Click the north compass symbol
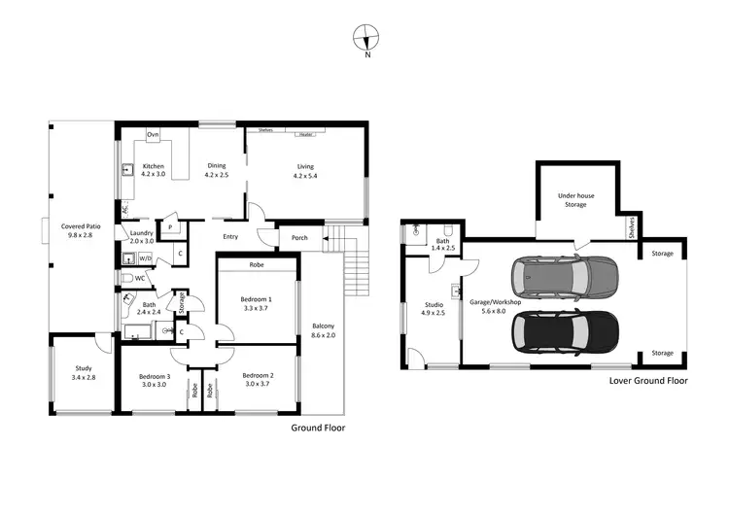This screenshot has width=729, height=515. click(366, 39)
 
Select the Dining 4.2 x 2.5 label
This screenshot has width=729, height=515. click(215, 171)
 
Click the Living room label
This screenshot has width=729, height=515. click(305, 171)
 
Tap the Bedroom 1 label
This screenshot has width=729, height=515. click(256, 303)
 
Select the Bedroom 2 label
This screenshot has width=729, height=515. click(258, 380)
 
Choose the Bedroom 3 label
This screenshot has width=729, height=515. click(154, 380)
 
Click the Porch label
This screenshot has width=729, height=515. click(298, 236)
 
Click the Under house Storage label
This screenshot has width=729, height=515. click(575, 200)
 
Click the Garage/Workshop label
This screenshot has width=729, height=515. click(496, 306)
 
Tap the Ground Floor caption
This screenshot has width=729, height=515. click(318, 428)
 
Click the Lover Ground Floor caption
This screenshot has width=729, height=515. click(647, 381)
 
